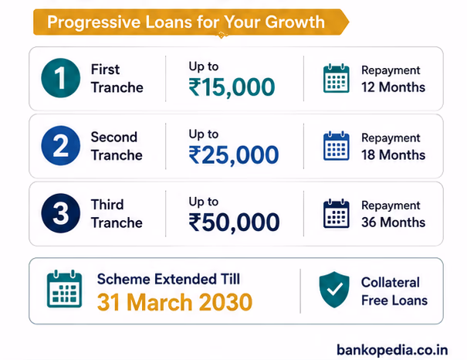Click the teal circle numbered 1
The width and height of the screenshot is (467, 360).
tap(61, 78)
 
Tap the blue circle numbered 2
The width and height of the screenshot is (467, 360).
tap(61, 145)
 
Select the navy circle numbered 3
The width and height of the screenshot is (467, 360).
tap(61, 213)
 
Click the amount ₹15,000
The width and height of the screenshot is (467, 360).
tap(232, 87)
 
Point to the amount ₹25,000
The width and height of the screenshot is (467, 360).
tap(234, 155)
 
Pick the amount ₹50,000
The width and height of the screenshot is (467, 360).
tap(234, 222)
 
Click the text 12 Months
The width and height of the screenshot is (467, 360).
tap(393, 87)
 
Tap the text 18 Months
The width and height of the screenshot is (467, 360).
tap(393, 155)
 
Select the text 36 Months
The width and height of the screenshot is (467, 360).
tap(393, 222)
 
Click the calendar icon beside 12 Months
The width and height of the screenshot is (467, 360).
tap(337, 78)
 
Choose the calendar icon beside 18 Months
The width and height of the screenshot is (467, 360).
tap(337, 146)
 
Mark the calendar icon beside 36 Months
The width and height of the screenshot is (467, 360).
tap(337, 213)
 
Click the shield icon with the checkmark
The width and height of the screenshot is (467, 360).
tap(334, 290)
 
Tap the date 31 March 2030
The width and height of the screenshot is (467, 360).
tap(174, 302)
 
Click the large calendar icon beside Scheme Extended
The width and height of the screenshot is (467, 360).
tap(64, 289)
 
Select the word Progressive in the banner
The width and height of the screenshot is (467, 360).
tap(94, 22)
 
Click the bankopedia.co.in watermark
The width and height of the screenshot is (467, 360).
tap(392, 350)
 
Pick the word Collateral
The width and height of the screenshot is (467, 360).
tap(391, 282)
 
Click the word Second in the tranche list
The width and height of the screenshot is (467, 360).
tap(114, 137)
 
